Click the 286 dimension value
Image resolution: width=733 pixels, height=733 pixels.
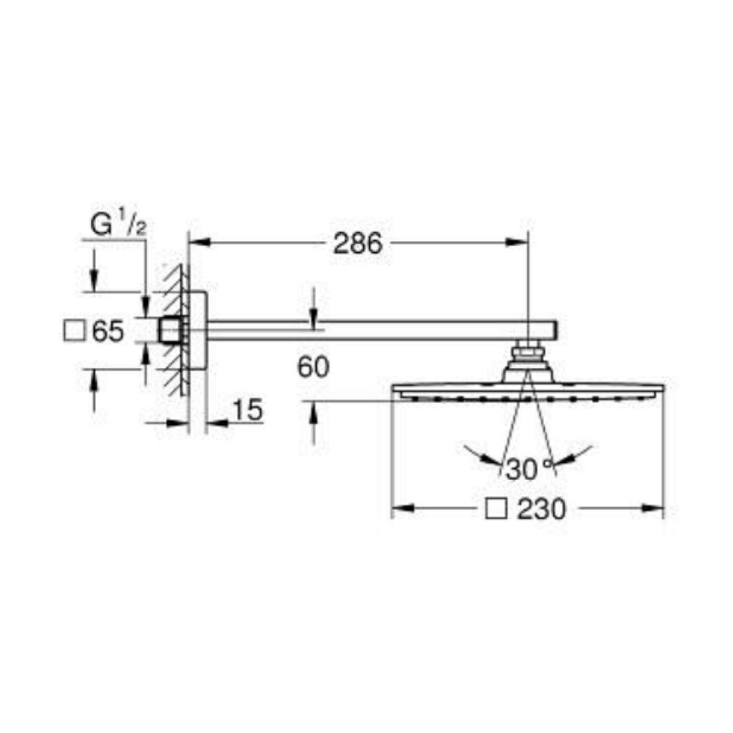tap(358, 243)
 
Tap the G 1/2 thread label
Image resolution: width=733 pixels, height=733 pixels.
tap(118, 225)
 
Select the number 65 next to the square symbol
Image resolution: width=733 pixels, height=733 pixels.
tap(108, 331)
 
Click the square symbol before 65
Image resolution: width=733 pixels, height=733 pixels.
tap(74, 331)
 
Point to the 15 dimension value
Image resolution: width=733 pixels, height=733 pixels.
tap(247, 410)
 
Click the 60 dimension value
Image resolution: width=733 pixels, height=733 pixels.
tap(313, 367)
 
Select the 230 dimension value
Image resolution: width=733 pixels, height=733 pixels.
tap(542, 509)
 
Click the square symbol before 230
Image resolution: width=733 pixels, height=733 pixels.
tap(496, 509)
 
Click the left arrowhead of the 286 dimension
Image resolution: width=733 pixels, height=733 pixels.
tap(199, 242)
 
